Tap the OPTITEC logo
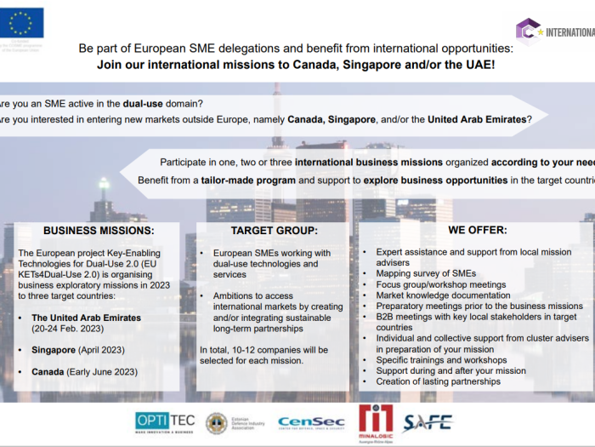click(164, 421)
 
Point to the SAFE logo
click(428, 421)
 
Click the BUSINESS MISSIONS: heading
click(99, 230)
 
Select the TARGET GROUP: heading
click(274, 230)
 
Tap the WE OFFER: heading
click(477, 230)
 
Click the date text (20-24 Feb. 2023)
click(69, 328)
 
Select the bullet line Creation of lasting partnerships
click(438, 381)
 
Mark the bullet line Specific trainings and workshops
click(441, 360)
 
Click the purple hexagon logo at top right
click(528, 32)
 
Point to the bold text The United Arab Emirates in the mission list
click(86, 318)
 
